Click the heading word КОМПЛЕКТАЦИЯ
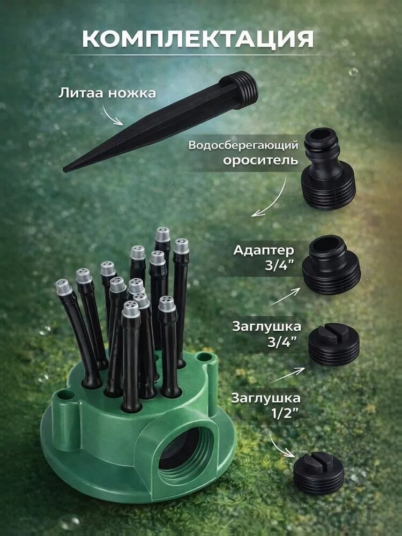198,39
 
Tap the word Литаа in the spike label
81,93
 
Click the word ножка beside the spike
132,94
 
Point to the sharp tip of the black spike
65,169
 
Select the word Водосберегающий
243,146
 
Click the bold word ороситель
260,160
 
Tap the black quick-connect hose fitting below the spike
328,169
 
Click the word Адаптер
263,250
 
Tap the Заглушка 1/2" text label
266,406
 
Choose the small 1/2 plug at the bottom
318,472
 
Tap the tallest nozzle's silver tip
163,235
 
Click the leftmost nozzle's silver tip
64,287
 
